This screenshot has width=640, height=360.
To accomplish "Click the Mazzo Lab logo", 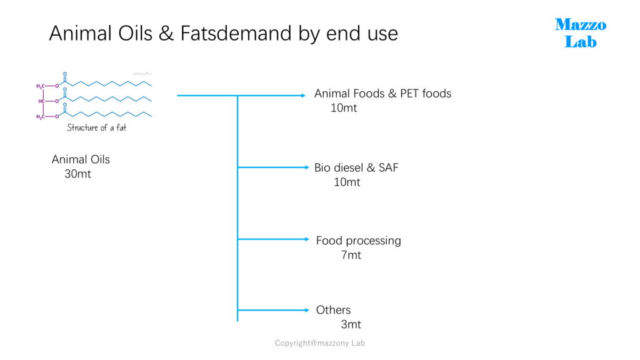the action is tap(581, 33).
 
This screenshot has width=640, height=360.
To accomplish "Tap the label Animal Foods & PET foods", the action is tap(382, 94).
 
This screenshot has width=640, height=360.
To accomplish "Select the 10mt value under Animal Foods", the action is tap(344, 108).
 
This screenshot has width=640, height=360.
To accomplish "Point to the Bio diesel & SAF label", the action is tap(356, 167).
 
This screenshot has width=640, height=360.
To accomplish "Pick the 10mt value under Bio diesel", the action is tap(347, 182).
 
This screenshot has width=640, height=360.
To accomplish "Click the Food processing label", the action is tap(358, 241).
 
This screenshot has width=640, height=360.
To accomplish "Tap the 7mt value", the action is tap(351, 255).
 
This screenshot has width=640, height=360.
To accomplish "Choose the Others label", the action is tap(333, 310).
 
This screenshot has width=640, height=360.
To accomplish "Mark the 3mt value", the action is tap(351, 324).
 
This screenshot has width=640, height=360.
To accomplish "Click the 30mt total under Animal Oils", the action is tap(77, 174).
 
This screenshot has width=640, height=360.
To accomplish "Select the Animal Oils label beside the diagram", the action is tap(81, 159).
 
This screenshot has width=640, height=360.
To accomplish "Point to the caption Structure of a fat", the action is tap(97, 127).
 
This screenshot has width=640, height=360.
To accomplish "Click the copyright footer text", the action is tap(319, 343).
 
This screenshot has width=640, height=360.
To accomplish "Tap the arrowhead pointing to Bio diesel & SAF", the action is tap(307, 167).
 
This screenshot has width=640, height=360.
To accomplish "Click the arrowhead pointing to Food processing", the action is tap(307, 239).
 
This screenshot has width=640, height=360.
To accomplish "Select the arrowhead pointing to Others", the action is tap(307, 310).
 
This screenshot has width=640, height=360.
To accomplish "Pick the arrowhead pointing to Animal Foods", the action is tap(303, 96).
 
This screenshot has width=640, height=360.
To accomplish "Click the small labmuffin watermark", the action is tap(142, 74).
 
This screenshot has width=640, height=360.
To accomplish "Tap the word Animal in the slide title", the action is tap(81, 33).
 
